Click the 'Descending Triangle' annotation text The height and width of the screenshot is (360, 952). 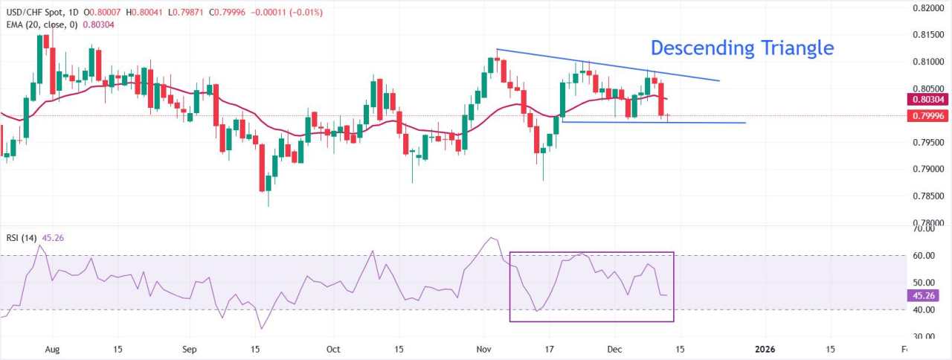coord(742,48)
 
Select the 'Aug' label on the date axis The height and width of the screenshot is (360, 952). coord(51,348)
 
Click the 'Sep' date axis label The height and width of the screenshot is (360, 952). coord(189,348)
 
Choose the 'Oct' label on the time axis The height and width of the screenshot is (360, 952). coord(332,348)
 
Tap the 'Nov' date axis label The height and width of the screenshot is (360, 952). coord(484,348)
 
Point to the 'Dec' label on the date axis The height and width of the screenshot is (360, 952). coord(614,348)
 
